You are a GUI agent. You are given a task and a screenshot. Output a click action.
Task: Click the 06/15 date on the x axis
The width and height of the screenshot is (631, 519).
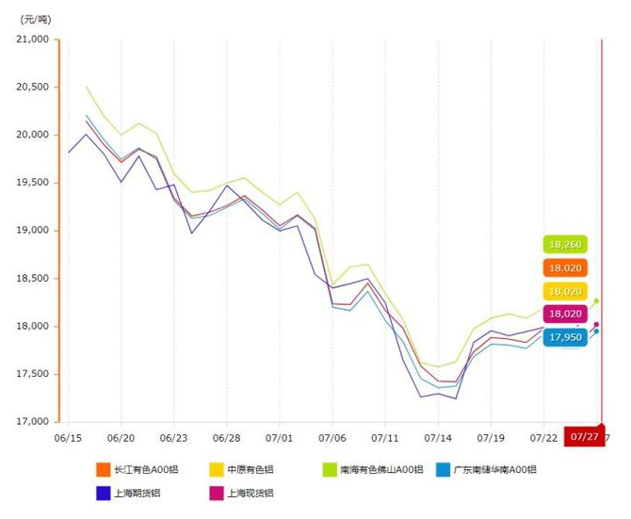[68, 438]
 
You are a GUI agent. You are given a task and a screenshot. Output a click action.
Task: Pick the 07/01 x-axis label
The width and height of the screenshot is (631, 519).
[280, 438]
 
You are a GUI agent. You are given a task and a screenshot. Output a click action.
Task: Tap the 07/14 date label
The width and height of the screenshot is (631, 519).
[438, 438]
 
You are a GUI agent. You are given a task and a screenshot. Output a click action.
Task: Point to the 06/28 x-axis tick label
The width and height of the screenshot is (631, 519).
[227, 438]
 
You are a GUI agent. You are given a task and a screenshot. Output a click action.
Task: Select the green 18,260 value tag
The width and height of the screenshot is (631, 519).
[565, 244]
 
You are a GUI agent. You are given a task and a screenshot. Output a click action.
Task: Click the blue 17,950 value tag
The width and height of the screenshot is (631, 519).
[565, 336]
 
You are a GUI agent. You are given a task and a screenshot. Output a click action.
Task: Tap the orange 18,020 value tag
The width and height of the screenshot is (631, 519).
[565, 268]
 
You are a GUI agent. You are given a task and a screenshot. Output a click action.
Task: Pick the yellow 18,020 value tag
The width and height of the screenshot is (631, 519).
[565, 291]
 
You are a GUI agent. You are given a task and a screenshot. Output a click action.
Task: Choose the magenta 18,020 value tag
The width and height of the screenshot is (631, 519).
[565, 314]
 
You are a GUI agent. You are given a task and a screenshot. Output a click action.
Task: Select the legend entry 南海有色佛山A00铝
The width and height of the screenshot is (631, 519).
[374, 469]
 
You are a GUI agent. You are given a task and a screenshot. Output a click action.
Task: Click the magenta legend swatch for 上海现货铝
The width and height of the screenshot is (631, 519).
[210, 492]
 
